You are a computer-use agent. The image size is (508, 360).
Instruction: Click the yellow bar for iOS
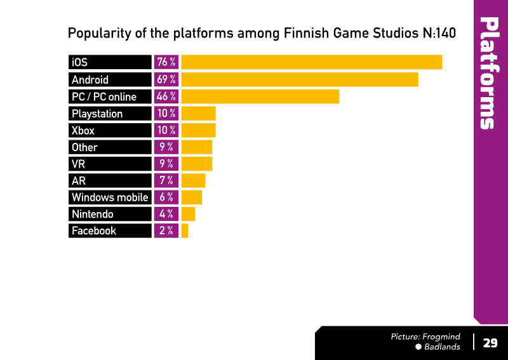click(x=312, y=62)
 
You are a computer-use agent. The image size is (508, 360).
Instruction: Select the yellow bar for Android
click(x=300, y=79)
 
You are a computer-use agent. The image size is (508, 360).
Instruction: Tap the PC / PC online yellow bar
click(x=260, y=97)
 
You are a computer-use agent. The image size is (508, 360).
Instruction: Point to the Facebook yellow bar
click(x=185, y=230)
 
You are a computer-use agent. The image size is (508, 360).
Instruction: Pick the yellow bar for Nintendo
click(x=188, y=214)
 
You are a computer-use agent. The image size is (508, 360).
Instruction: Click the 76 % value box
click(x=166, y=62)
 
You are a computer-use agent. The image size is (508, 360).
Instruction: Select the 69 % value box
click(x=166, y=79)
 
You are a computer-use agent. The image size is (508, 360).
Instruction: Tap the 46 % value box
click(x=166, y=97)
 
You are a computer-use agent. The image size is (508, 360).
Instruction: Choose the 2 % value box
click(x=166, y=230)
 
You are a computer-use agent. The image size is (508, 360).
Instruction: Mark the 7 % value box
click(x=166, y=180)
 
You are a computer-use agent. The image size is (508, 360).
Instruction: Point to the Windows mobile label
click(x=110, y=197)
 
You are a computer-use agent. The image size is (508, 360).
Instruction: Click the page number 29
click(x=490, y=343)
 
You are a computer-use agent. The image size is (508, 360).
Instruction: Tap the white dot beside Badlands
click(x=418, y=347)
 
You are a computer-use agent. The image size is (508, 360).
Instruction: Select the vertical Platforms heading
click(x=490, y=73)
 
